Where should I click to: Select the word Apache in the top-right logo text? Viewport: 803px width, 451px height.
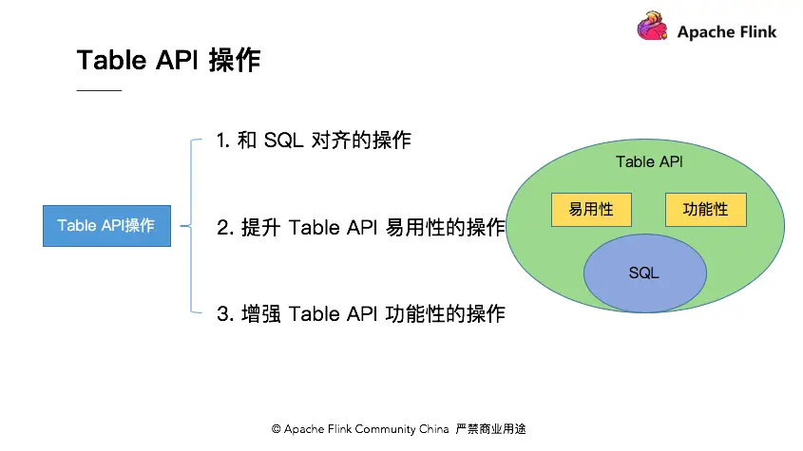tap(706, 31)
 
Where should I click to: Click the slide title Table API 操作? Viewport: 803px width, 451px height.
tap(168, 60)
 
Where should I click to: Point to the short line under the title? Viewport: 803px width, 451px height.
tap(99, 90)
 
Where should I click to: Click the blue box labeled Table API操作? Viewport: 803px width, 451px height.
tap(106, 226)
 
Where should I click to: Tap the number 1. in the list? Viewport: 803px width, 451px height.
tap(223, 141)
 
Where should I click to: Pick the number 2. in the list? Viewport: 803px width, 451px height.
tap(225, 228)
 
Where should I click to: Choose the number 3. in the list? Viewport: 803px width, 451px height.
tap(225, 313)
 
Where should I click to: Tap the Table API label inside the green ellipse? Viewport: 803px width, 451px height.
tap(649, 161)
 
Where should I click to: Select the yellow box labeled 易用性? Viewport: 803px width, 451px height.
tap(590, 210)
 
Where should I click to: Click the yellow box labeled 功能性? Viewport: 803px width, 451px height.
tap(705, 210)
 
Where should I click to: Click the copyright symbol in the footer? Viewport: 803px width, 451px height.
tap(277, 429)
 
